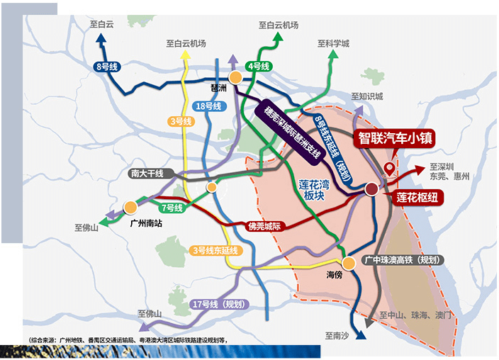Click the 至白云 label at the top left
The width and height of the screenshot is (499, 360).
[102, 24]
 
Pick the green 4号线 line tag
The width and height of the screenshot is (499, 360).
[259, 67]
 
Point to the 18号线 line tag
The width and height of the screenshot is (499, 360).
[208, 106]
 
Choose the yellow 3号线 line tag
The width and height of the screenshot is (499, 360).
[181, 122]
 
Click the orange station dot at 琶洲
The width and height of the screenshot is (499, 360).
[236, 77]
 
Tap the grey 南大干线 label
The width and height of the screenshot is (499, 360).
[147, 174]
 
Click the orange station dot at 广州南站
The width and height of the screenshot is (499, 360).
[130, 208]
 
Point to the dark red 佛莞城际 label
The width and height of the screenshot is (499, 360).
[264, 227]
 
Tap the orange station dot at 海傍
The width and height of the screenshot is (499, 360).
[347, 261]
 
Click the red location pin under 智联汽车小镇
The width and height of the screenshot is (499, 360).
[388, 169]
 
